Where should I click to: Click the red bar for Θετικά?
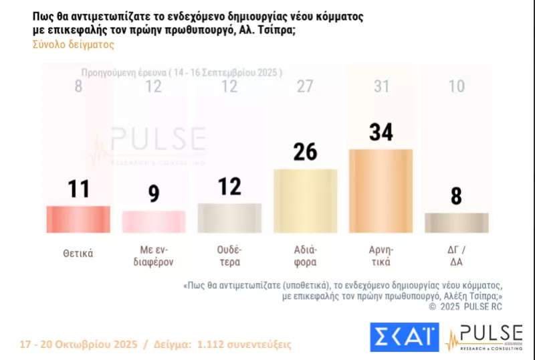point(78,219)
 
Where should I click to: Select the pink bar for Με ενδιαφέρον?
point(154,221)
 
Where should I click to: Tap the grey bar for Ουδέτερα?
point(230,217)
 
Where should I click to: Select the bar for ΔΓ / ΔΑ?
point(457,223)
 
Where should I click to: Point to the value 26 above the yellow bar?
point(306,151)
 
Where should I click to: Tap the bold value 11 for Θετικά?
point(78,189)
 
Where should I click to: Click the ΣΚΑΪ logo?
point(404,337)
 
